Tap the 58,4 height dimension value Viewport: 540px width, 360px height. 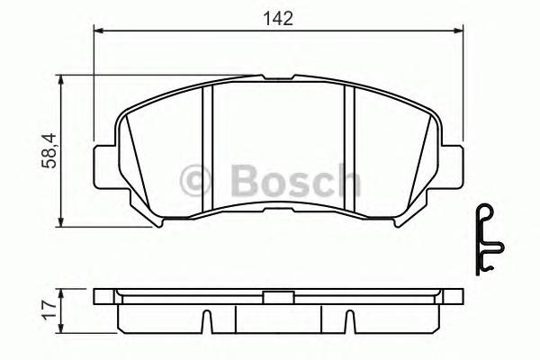pyautogui.click(x=51, y=149)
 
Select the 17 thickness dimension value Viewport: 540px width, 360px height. pyautogui.click(x=51, y=310)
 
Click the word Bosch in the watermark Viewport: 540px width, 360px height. pyautogui.click(x=294, y=182)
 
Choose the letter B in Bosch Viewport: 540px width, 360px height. pyautogui.click(x=246, y=182)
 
